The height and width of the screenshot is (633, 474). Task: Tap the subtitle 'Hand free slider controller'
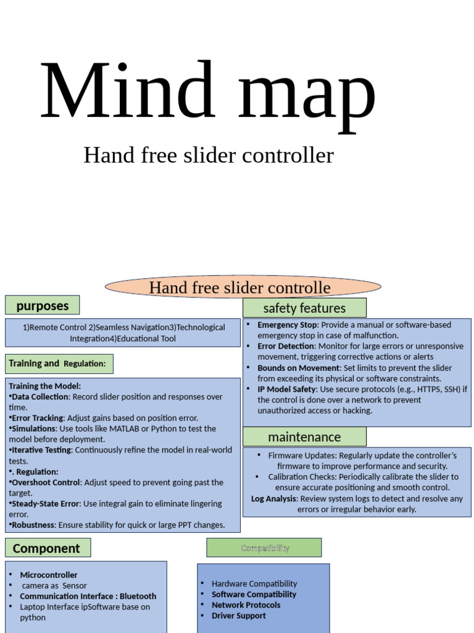click(x=208, y=155)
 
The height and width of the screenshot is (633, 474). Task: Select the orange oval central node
click(x=243, y=287)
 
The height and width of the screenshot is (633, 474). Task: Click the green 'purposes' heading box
click(x=42, y=305)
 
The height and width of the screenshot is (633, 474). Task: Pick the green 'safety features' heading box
click(x=304, y=308)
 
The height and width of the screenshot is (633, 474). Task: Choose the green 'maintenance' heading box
click(x=304, y=437)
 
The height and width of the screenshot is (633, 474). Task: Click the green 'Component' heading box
click(x=48, y=548)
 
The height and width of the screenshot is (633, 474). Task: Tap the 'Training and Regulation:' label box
click(x=59, y=363)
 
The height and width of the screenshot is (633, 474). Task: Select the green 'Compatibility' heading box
click(x=264, y=548)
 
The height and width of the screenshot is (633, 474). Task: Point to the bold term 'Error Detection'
click(x=286, y=346)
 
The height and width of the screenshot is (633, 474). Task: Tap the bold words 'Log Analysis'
click(x=273, y=498)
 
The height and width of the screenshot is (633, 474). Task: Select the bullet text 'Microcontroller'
click(x=49, y=575)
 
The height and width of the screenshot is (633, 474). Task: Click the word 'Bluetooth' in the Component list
click(x=138, y=597)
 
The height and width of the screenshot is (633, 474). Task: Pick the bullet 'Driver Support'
click(x=239, y=616)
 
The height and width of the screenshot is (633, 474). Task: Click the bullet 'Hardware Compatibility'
click(x=254, y=584)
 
